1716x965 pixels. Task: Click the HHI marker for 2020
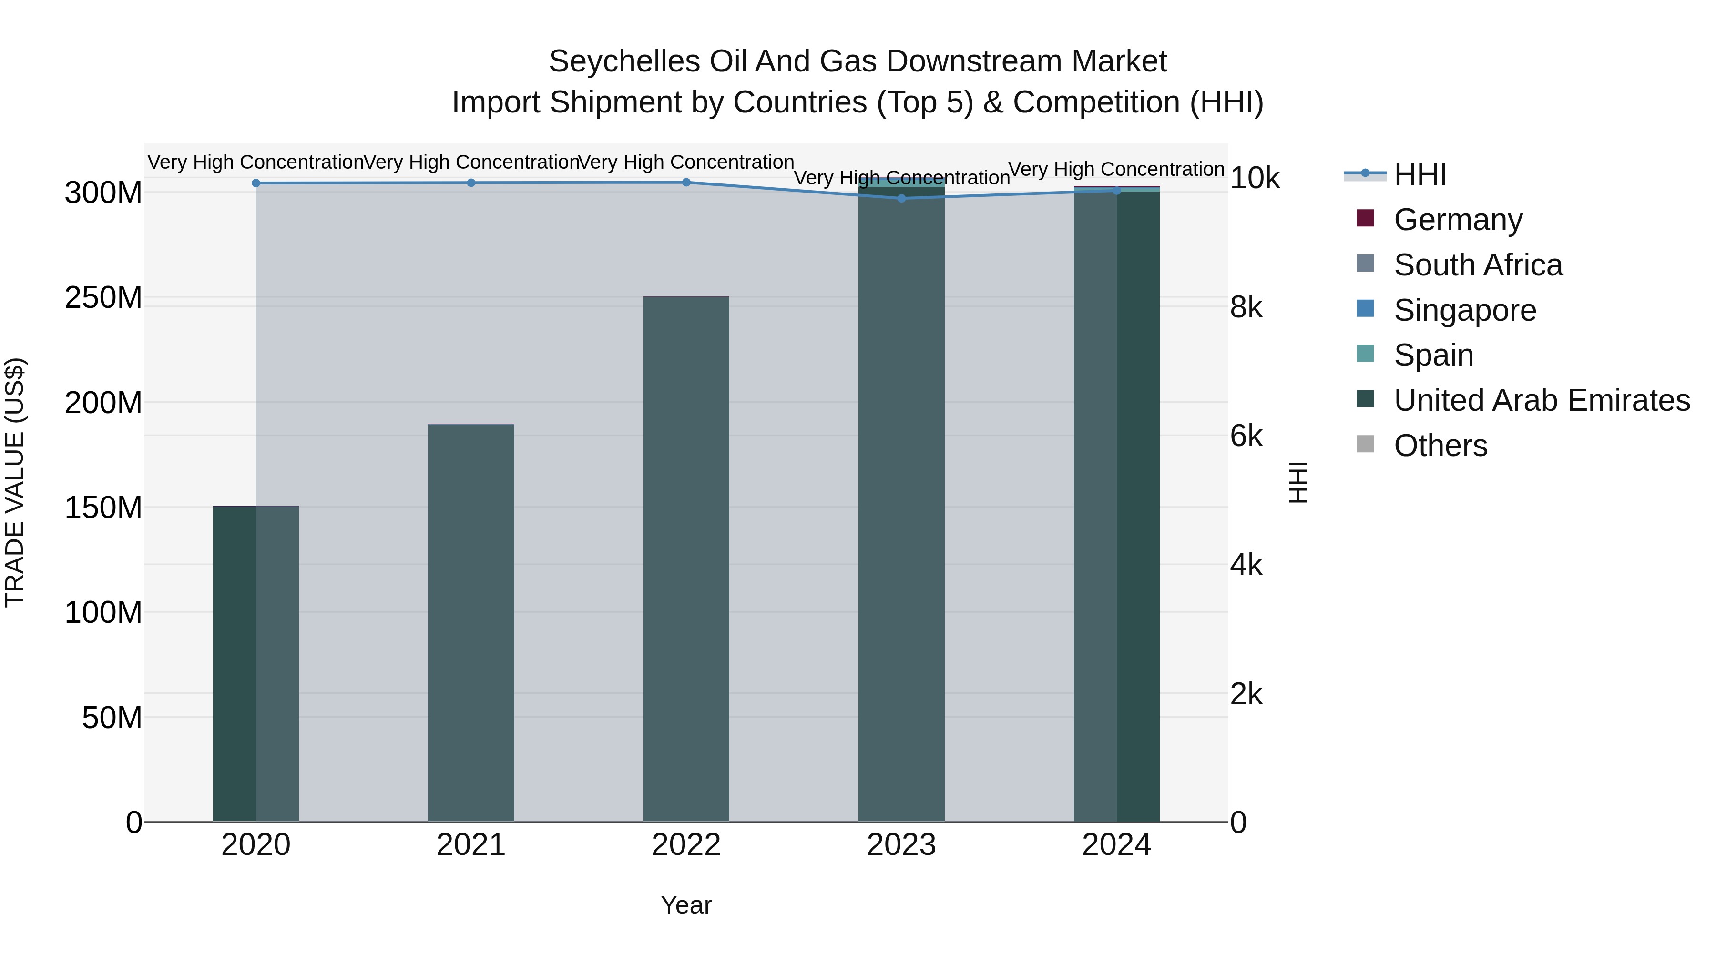pos(256,183)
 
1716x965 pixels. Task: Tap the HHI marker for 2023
pos(901,198)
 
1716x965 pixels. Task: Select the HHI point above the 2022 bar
pos(686,183)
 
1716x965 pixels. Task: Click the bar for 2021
pos(471,623)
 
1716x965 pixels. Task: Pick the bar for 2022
pos(686,559)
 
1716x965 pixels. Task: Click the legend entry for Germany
pos(1458,220)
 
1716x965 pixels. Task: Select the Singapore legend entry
pos(1464,310)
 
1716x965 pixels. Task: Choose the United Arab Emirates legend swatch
pos(1366,400)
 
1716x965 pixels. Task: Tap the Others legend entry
pos(1440,446)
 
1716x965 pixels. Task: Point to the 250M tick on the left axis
pos(103,298)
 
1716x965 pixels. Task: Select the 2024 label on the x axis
pos(1116,845)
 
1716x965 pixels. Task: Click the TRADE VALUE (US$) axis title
pos(15,482)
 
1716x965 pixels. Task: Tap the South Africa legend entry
pos(1478,265)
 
